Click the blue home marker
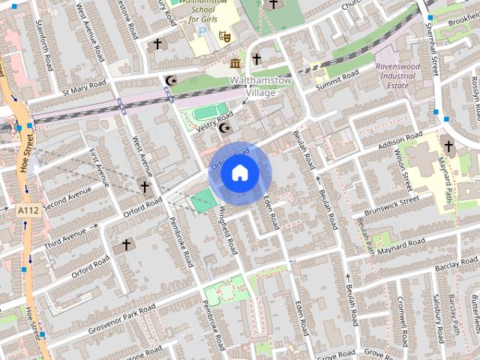click(239, 173)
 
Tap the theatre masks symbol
click(223, 35)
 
